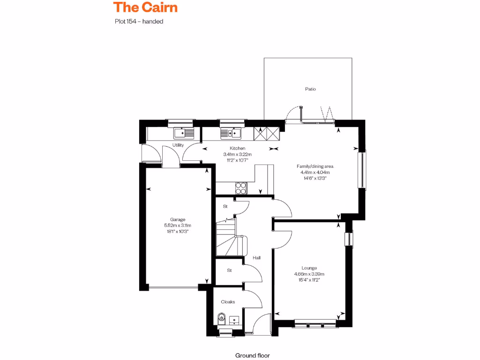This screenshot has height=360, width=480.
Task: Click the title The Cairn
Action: click(145, 7)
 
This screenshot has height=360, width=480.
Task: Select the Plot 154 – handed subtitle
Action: click(139, 21)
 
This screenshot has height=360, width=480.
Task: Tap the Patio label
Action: click(310, 89)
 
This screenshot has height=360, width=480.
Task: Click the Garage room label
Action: click(178, 219)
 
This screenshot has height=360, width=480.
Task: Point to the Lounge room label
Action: click(309, 268)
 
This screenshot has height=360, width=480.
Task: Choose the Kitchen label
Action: click(238, 148)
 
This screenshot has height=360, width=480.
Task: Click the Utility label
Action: click(178, 145)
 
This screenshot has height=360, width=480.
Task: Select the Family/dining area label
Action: click(315, 166)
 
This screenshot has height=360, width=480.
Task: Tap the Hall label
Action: click(256, 258)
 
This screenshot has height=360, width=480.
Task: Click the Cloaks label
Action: click(228, 302)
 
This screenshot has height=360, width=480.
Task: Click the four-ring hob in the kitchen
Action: click(241, 187)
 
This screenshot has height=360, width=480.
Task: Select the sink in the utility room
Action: click(184, 133)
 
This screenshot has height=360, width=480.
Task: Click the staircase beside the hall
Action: click(230, 239)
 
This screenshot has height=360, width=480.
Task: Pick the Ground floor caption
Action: click(252, 356)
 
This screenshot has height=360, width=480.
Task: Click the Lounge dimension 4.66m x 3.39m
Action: click(309, 274)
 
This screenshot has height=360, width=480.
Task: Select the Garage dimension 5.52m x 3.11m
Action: click(178, 225)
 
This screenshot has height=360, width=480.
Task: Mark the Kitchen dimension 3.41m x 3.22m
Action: click(238, 154)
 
